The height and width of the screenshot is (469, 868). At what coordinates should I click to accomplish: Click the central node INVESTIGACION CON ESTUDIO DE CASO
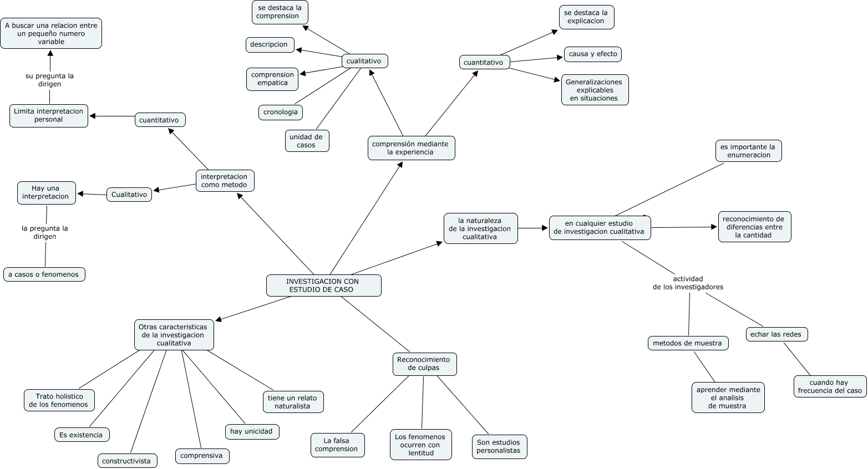coord(323,286)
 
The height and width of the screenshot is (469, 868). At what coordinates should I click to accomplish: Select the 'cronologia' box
coord(281,113)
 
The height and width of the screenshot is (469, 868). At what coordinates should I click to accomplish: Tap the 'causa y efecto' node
coord(593,54)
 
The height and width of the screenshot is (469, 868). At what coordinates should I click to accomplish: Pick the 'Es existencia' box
coord(82,435)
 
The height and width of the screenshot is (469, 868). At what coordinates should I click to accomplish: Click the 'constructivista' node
coord(127,461)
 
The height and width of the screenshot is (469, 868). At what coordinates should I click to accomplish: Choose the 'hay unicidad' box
coord(252,431)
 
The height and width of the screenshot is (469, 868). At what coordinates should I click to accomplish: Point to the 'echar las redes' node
coord(776,334)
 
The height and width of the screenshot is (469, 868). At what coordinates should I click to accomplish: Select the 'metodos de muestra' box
coord(688,343)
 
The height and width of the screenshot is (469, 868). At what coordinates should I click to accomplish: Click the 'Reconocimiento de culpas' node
coord(424,364)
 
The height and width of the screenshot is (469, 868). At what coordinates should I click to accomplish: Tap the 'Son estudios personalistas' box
coord(499,446)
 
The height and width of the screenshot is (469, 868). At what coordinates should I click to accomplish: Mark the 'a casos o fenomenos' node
coord(44,274)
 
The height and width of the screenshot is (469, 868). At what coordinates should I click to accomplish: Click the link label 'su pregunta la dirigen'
coord(49,80)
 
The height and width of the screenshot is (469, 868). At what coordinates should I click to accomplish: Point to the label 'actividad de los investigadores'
coord(688,283)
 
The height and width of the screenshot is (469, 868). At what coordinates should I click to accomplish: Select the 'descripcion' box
coord(270,45)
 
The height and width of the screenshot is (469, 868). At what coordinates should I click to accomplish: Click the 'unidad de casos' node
coord(307,141)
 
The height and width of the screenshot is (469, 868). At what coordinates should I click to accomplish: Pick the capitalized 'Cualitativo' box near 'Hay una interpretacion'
coord(129,195)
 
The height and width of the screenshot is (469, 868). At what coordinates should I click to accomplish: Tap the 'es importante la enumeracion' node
coord(748,151)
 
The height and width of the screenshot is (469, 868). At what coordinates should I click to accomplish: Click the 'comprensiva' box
coord(202,456)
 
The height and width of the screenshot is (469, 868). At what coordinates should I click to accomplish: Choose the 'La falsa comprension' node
coord(338,445)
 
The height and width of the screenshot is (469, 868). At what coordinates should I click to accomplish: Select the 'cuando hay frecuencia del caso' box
coord(830,386)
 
